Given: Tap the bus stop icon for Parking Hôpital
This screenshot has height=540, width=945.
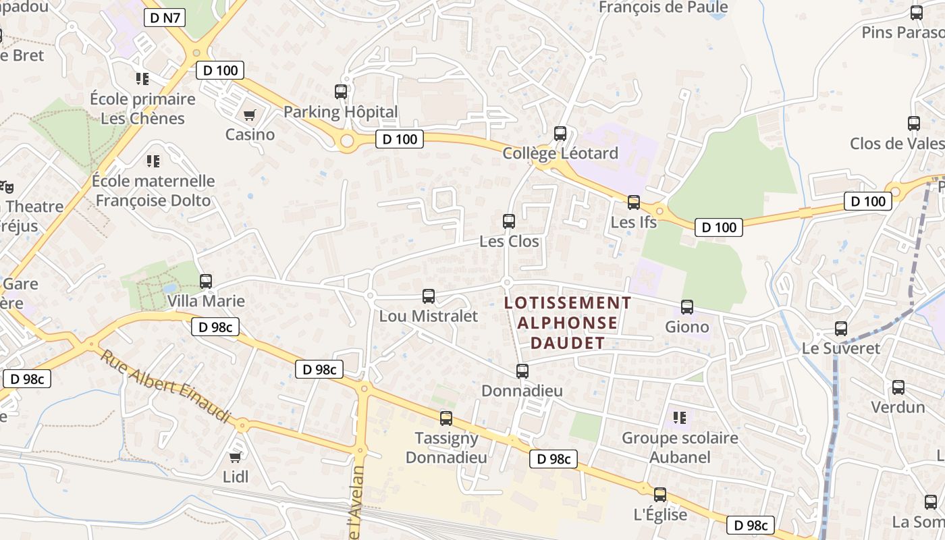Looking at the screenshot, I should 341,92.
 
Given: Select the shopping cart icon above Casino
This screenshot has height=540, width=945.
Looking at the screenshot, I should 250,115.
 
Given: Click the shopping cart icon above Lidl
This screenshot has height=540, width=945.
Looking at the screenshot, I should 236,458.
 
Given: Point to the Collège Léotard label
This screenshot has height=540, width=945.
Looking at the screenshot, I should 560,153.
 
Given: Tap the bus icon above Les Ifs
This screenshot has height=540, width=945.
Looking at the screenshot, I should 633,202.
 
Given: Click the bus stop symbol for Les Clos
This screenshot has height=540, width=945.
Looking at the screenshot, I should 509,221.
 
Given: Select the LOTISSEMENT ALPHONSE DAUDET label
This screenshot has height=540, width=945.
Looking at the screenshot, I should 568,323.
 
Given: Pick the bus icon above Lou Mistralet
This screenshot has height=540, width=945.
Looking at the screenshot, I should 429,296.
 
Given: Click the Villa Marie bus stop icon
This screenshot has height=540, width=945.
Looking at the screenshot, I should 206,281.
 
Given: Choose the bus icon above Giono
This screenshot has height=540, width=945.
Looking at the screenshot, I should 687,307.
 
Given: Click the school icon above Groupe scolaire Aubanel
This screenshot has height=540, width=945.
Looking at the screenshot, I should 680,418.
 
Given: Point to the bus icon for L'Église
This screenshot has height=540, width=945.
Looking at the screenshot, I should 660,495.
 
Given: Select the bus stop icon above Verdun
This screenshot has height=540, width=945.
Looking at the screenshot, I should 898,387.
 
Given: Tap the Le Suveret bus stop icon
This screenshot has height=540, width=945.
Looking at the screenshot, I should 841,329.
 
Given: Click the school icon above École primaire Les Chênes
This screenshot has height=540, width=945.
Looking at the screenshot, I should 142,79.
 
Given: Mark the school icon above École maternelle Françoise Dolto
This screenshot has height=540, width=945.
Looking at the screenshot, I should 153,161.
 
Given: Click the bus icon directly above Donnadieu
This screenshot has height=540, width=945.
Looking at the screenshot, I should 522,371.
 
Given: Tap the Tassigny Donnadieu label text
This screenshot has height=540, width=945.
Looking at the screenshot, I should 446,448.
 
